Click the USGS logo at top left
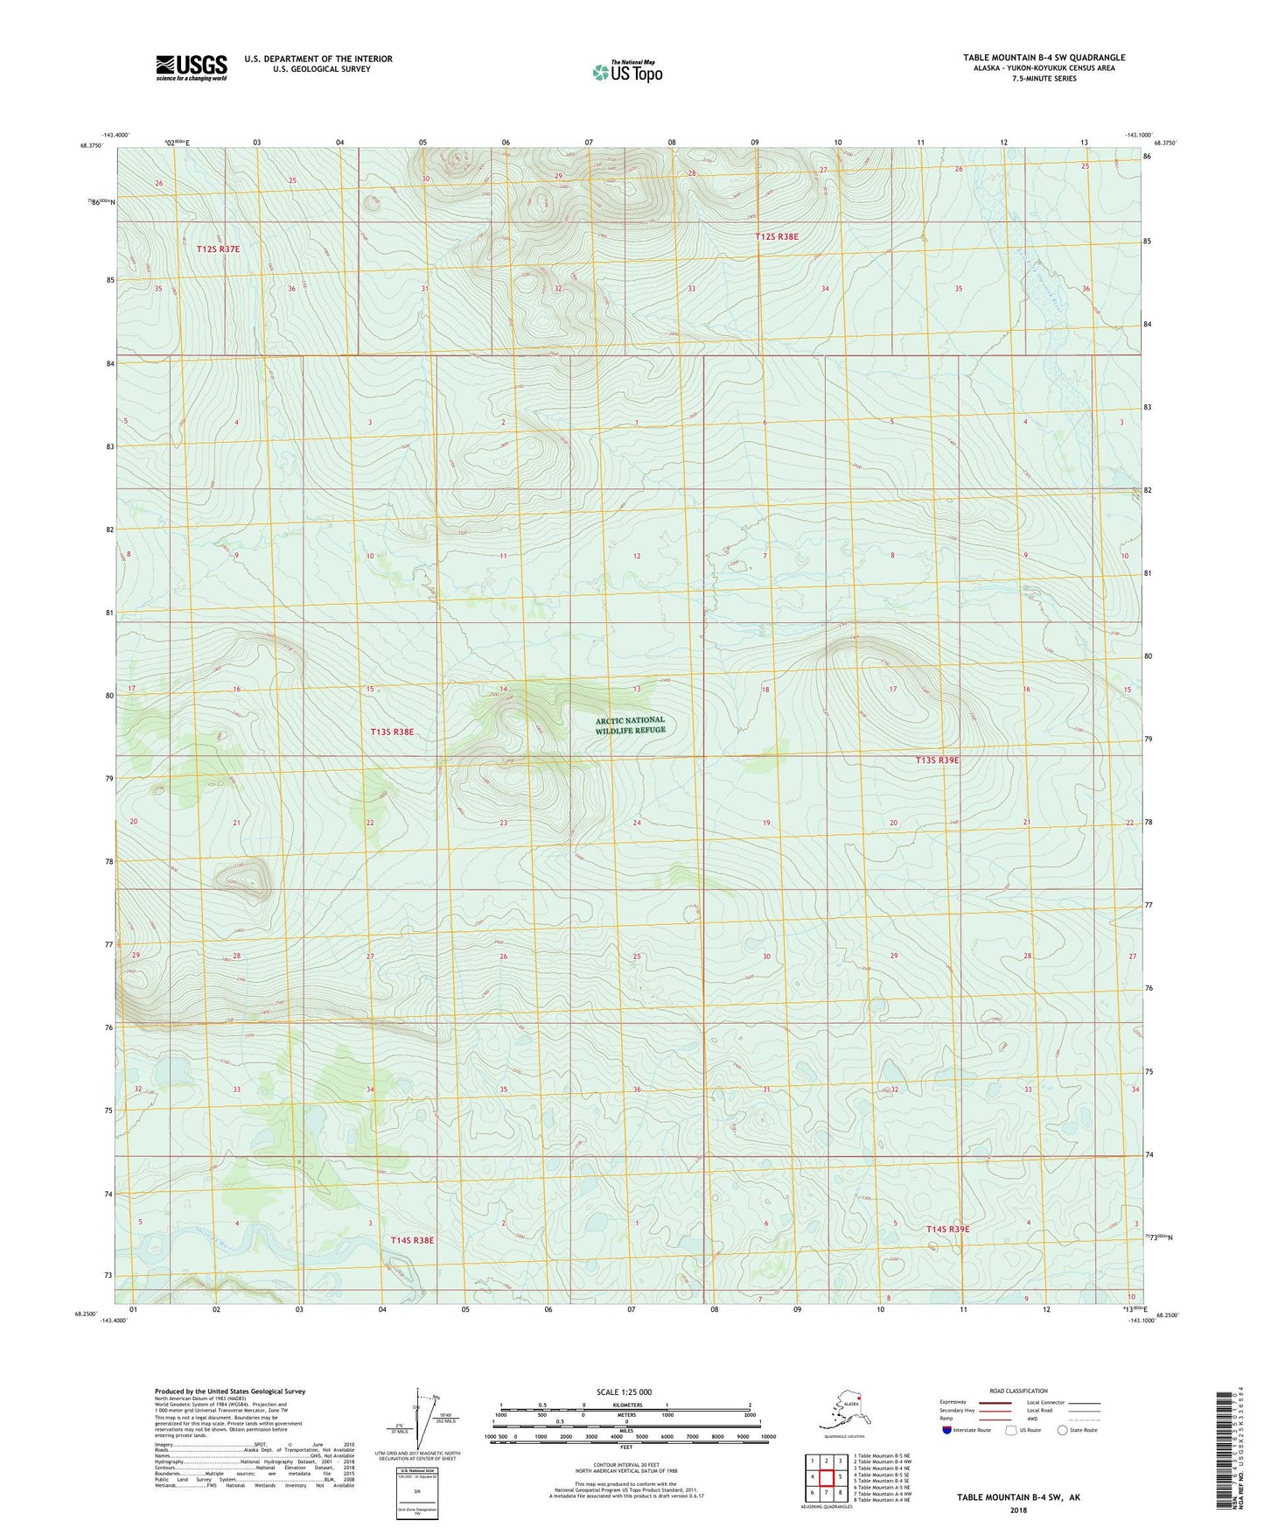[191, 67]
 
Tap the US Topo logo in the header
[626, 72]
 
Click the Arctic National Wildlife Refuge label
[630, 725]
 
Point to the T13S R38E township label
[392, 731]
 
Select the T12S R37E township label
[218, 249]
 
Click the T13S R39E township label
[937, 760]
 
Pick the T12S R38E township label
[777, 236]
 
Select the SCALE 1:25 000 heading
[624, 1392]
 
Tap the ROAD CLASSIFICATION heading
[1018, 1391]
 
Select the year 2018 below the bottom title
[1018, 1510]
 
